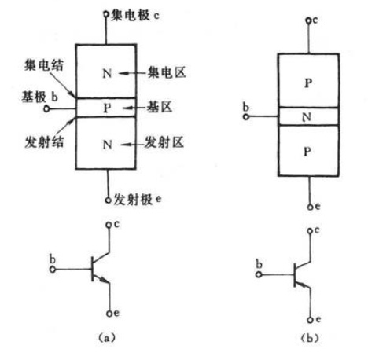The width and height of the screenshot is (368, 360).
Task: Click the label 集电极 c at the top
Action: (x=134, y=15)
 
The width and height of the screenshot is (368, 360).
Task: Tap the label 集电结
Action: (x=43, y=64)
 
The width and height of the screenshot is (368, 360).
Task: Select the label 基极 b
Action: (x=39, y=97)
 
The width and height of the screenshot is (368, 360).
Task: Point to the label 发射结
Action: (x=44, y=142)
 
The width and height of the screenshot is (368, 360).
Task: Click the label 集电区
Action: (x=167, y=72)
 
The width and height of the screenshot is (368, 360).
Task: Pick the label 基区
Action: (x=160, y=107)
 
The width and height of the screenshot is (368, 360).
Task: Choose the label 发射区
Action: (x=164, y=142)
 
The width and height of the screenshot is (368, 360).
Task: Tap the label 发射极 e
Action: (x=137, y=200)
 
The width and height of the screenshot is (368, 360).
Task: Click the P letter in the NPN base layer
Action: (x=107, y=108)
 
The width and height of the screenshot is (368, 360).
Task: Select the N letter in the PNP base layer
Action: (x=307, y=116)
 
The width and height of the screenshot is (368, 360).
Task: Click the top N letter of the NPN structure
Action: (x=107, y=73)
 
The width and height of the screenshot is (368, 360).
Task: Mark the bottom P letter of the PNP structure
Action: (x=307, y=152)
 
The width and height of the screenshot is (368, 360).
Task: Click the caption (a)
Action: (x=106, y=337)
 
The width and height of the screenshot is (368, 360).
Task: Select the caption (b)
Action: (x=310, y=338)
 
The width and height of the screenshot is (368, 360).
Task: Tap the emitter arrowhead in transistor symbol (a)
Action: (x=105, y=281)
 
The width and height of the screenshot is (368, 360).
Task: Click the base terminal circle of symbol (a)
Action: (x=53, y=269)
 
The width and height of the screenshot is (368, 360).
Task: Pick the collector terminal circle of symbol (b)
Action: (x=310, y=231)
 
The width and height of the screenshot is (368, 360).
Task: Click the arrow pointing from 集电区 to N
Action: (x=133, y=73)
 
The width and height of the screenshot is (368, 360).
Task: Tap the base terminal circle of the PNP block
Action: (x=245, y=117)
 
